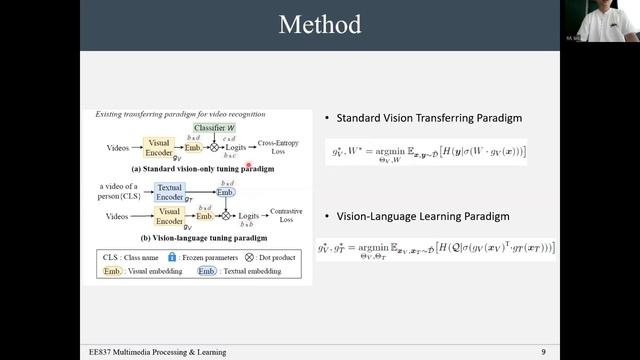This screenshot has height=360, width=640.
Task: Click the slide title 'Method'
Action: point(320,24)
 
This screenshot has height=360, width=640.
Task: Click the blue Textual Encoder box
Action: point(170,193)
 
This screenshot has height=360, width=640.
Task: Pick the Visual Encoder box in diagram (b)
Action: point(169,216)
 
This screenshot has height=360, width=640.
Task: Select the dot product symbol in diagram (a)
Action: point(213,148)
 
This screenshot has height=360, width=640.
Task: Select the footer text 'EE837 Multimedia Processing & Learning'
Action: point(155,352)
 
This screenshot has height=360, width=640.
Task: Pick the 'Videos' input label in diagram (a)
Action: point(118,148)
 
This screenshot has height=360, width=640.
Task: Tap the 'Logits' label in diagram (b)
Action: point(249,216)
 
